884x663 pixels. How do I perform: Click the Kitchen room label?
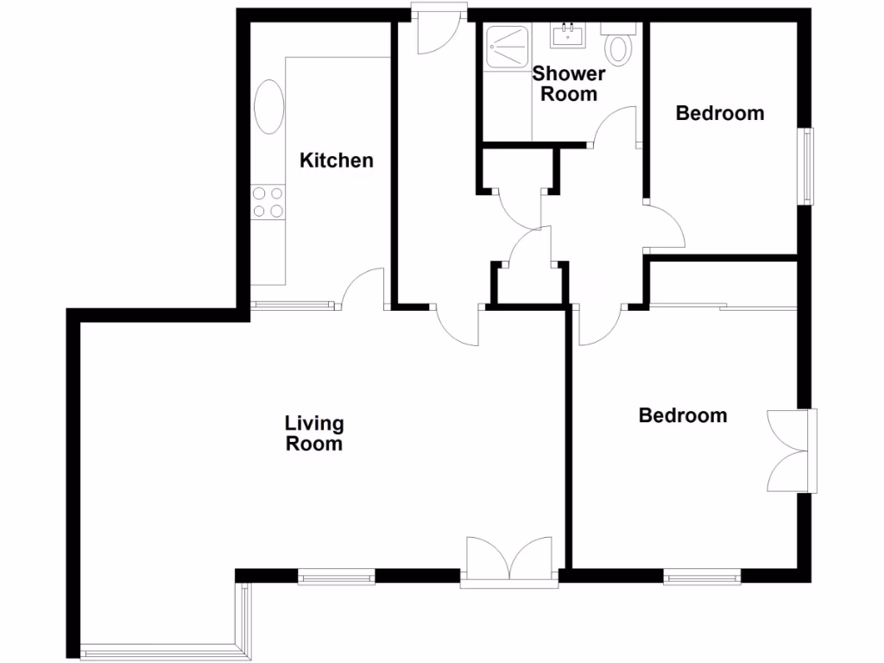click(x=336, y=160)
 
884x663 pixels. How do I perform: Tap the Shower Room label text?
click(x=569, y=84)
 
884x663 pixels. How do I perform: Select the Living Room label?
click(x=314, y=433)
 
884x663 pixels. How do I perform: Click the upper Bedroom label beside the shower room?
click(x=719, y=113)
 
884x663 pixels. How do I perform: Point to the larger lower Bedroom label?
click(x=682, y=415)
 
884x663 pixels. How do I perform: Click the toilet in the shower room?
click(x=619, y=47)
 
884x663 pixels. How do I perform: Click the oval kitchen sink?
click(x=268, y=107)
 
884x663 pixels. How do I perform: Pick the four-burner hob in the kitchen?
click(x=268, y=202)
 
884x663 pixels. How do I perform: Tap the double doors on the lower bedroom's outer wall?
click(x=789, y=450)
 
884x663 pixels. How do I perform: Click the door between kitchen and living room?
click(x=363, y=288)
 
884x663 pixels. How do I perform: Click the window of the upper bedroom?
click(x=806, y=166)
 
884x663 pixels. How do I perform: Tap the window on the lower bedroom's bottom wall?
click(x=702, y=575)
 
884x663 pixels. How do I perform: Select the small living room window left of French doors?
click(x=337, y=575)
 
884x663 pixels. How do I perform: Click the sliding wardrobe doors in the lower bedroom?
click(x=723, y=306)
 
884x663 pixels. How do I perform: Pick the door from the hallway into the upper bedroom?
click(x=665, y=227)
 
